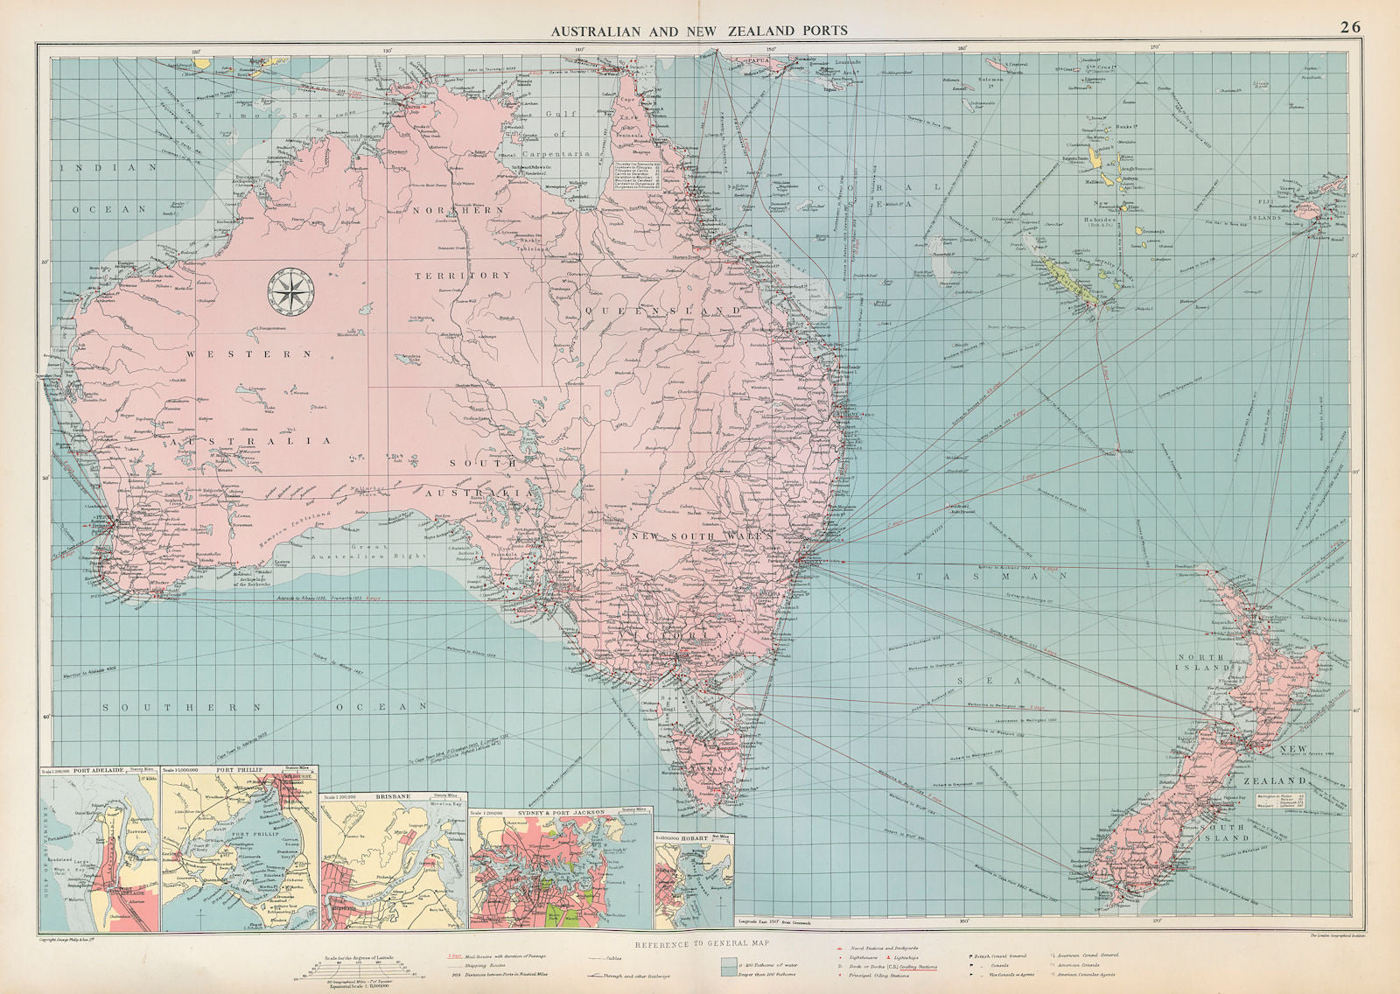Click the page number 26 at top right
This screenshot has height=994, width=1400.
1350,27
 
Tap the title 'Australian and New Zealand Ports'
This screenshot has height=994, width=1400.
698,30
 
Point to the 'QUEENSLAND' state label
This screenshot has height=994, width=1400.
662,311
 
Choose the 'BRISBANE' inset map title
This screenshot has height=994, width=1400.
396,797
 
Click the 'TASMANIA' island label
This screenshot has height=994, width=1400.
712,768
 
